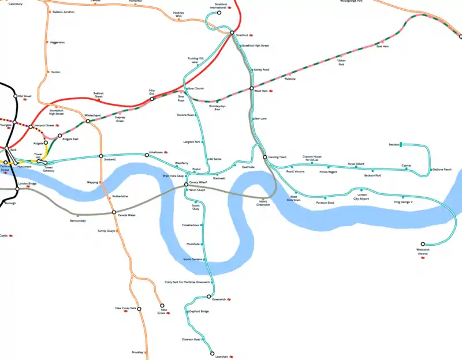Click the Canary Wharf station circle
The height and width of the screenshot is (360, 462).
tap(186, 185)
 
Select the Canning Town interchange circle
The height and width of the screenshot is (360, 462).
tap(264, 157)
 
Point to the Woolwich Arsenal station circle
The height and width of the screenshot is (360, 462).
tap(423, 244)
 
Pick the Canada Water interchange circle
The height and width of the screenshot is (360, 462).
tap(114, 212)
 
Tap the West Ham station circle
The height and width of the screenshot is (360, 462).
tap(252, 88)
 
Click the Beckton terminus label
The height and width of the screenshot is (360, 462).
tap(394, 144)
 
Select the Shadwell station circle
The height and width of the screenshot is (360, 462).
tap(101, 156)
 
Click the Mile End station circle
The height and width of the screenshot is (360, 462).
tap(152, 99)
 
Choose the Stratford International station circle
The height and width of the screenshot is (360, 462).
tap(219, 12)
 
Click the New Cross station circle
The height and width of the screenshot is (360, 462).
tap(162, 305)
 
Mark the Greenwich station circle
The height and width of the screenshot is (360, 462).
tap(209, 297)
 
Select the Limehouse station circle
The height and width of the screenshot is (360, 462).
tap(147, 154)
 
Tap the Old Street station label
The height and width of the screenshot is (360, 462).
tap(24, 96)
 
